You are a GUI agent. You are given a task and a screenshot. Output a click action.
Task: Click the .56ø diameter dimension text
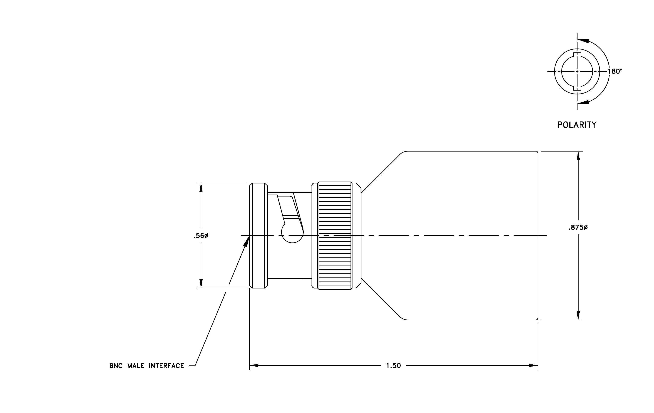(201, 236)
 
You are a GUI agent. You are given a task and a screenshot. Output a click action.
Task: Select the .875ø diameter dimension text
(578, 228)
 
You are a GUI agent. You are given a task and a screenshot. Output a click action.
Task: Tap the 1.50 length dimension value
(394, 366)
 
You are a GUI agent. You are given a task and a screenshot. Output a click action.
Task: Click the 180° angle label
(615, 71)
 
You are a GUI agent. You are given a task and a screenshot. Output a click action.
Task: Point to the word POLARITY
(577, 125)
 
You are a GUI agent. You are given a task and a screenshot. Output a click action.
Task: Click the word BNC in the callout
(116, 366)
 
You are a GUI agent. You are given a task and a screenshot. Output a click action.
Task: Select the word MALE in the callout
(136, 366)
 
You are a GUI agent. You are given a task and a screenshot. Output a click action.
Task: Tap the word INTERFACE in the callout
(166, 366)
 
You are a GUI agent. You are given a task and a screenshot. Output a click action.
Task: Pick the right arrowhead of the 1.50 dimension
(533, 365)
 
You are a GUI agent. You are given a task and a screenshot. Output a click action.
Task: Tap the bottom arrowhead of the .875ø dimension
(578, 315)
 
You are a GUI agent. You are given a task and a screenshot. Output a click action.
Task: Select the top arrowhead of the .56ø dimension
(201, 188)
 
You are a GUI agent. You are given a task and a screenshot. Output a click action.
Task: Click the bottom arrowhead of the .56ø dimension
(201, 283)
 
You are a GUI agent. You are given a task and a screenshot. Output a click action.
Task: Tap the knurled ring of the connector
(335, 235)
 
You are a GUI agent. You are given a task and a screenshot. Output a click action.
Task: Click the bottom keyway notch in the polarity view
(577, 88)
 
